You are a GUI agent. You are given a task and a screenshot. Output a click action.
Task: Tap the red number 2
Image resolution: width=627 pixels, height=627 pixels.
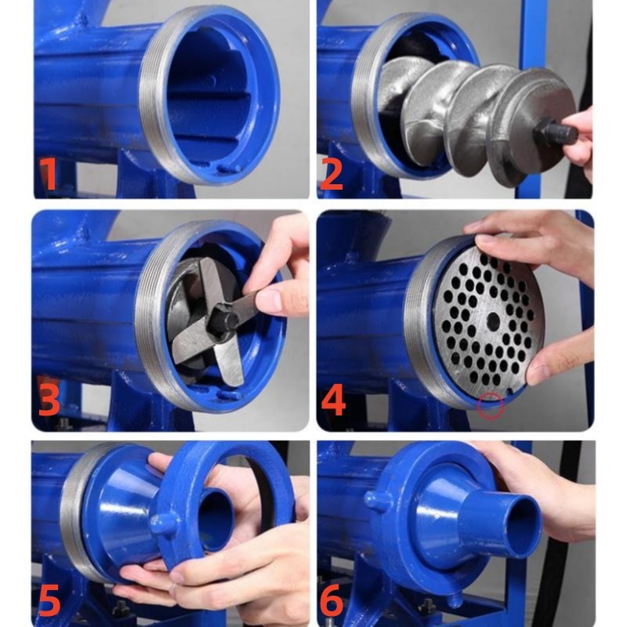(332, 174)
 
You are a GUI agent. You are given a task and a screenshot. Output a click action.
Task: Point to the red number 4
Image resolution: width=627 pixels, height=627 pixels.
(332, 400)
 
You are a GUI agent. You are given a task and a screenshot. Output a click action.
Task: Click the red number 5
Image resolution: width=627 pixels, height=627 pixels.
(49, 600)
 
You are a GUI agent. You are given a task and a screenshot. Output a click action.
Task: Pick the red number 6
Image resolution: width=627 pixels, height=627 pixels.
(332, 600)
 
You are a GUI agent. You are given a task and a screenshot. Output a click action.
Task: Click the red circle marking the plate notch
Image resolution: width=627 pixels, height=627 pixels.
(491, 406)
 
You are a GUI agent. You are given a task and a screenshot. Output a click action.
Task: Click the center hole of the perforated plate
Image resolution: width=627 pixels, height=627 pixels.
(493, 321)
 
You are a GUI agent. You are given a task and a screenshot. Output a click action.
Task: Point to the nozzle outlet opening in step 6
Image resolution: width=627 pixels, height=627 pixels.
(523, 526)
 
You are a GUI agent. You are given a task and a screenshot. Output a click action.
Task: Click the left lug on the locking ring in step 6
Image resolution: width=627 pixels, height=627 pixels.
(376, 501)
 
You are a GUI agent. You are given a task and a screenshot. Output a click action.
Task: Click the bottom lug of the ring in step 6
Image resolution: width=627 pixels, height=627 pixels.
(454, 600)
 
